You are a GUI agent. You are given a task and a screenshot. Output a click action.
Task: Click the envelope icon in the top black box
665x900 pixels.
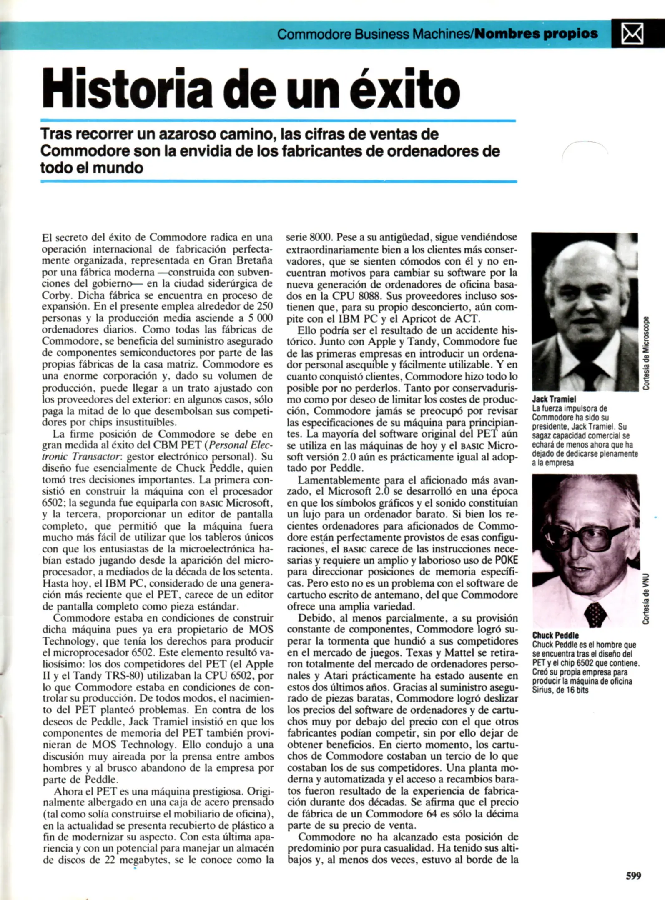click(x=632, y=34)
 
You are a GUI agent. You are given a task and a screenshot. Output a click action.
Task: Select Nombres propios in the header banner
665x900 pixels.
click(x=536, y=34)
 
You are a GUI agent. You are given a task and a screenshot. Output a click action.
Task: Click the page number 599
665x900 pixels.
click(x=633, y=876)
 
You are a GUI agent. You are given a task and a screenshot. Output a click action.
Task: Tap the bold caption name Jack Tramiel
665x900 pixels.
click(x=554, y=399)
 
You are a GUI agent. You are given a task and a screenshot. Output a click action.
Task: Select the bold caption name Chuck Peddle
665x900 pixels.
click(x=555, y=635)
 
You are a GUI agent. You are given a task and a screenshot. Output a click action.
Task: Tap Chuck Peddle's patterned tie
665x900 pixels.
click(x=595, y=614)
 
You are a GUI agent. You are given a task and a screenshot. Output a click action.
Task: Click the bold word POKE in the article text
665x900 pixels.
click(x=506, y=560)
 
